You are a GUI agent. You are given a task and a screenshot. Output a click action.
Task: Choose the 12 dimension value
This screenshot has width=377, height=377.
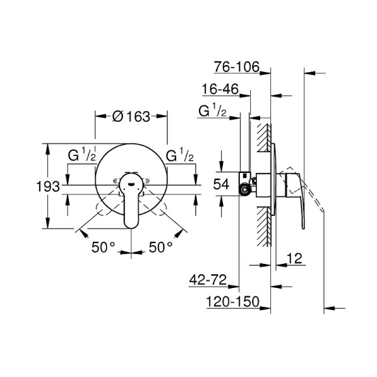[x=296, y=260]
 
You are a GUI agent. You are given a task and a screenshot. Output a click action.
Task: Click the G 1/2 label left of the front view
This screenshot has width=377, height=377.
[x=83, y=156]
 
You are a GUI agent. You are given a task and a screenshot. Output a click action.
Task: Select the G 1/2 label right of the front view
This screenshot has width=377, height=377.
[x=179, y=156]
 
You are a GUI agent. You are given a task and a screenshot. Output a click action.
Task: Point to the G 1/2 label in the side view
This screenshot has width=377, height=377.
[x=212, y=111]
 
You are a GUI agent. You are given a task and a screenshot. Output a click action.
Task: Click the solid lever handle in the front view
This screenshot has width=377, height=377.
[x=132, y=207]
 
